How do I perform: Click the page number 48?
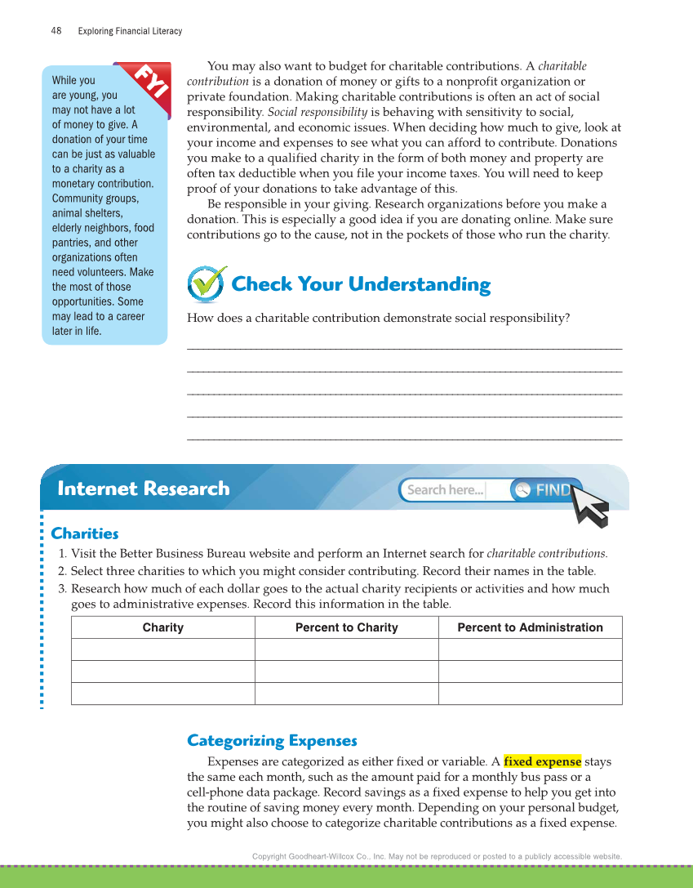pyautogui.click(x=56, y=31)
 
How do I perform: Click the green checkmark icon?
pyautogui.click(x=207, y=283)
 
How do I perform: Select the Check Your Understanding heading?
pyautogui.click(x=361, y=284)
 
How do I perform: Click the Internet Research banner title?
pyautogui.click(x=144, y=489)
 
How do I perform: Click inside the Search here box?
pyautogui.click(x=446, y=490)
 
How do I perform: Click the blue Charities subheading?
pyautogui.click(x=85, y=533)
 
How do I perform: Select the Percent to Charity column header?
pyautogui.click(x=346, y=627)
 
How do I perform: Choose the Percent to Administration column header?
pyautogui.click(x=530, y=627)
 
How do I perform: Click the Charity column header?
pyautogui.click(x=163, y=627)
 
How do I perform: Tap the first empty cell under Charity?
pyautogui.click(x=163, y=649)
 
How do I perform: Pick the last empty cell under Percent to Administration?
pyautogui.click(x=530, y=694)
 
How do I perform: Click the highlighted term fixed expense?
pyautogui.click(x=543, y=761)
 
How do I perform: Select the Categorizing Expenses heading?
pyautogui.click(x=272, y=741)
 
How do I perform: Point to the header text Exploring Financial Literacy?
pyautogui.click(x=130, y=31)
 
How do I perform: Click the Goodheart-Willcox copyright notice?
pyautogui.click(x=437, y=856)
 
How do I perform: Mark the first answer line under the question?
pyautogui.click(x=404, y=349)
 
